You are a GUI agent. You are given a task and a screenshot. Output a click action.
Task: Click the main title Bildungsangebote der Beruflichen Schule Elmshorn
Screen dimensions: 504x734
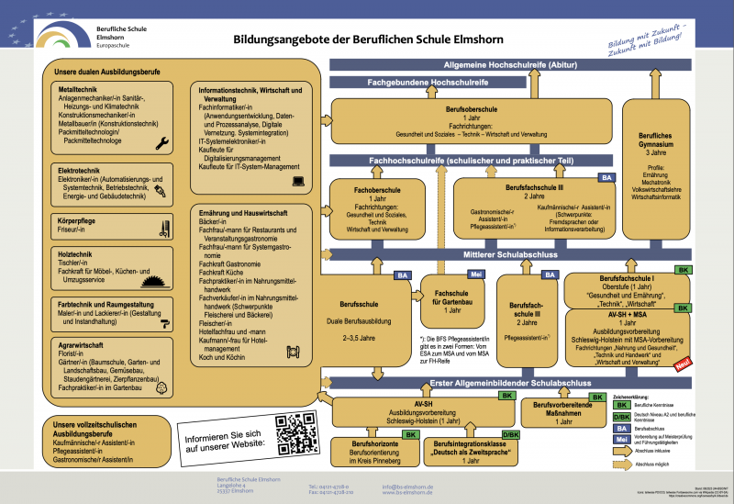357,41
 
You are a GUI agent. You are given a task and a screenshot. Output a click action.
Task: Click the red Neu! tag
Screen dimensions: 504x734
681,365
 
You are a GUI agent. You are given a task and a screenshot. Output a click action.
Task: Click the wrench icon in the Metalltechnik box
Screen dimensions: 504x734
163,142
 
